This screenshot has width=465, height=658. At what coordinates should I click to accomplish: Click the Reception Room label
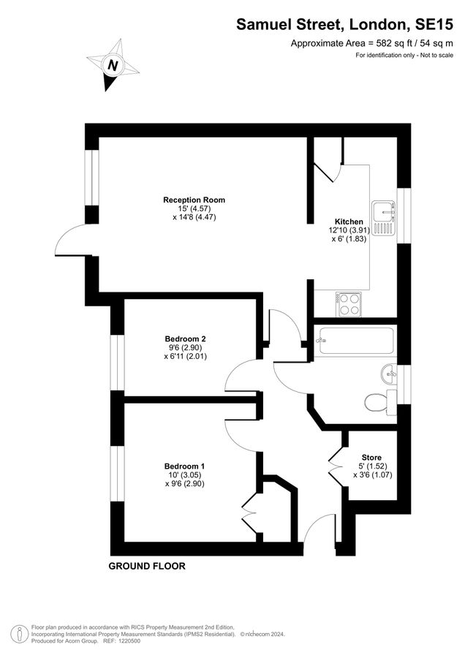(x=194, y=200)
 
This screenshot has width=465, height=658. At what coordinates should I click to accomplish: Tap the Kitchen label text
(x=349, y=222)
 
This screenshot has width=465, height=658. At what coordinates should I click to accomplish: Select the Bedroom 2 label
(x=185, y=339)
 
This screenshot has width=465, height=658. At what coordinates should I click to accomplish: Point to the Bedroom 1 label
(x=185, y=466)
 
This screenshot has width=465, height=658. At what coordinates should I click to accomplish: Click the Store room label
(x=371, y=458)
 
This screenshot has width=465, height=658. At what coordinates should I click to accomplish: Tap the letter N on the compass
(x=113, y=65)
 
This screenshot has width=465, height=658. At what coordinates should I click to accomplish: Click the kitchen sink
(x=384, y=217)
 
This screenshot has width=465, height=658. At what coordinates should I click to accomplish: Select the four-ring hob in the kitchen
(x=349, y=304)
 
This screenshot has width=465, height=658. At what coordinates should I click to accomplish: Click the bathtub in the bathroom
(x=355, y=340)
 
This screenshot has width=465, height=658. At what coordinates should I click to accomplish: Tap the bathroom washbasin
(x=390, y=374)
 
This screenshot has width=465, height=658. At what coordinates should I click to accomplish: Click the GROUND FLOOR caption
(x=147, y=566)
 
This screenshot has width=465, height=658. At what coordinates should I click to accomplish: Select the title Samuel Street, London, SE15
(x=345, y=24)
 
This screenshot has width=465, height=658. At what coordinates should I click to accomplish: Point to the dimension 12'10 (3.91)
(x=349, y=230)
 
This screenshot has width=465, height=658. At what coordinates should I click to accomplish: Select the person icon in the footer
(x=18, y=631)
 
